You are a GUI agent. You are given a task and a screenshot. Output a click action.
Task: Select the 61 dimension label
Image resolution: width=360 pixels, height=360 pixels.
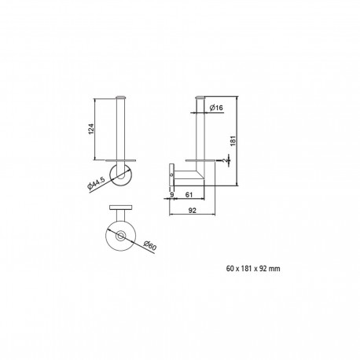coord(189,196)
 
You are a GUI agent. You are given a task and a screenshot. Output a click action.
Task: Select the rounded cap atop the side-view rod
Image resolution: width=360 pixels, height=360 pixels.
coord(200,98)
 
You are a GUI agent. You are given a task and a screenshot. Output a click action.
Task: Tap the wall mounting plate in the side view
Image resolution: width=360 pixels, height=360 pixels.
coord(171,173)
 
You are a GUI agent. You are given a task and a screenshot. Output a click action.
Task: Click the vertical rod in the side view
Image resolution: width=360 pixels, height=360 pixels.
coord(200,130)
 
